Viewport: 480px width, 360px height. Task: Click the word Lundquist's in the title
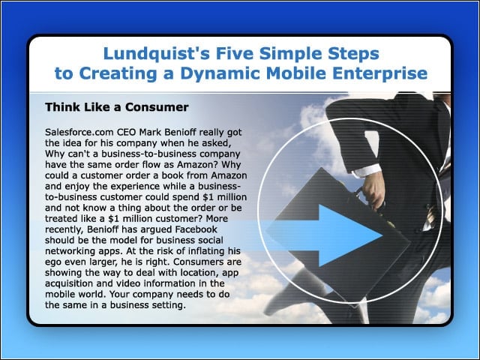[157, 53]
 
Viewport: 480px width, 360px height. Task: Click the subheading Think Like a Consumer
[117, 107]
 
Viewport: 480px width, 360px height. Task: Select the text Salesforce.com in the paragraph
[79, 132]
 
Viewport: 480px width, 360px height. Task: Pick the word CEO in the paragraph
[127, 132]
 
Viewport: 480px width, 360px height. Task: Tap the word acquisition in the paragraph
[69, 283]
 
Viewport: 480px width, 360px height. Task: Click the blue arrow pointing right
[324, 235]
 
